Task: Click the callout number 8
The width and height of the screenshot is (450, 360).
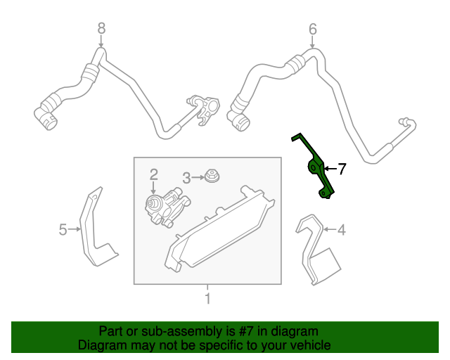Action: [101, 28]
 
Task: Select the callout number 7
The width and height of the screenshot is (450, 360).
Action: [342, 168]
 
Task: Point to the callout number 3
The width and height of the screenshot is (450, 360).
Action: [186, 178]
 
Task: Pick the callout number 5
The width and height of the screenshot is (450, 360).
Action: [62, 229]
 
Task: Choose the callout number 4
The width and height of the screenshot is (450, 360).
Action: [342, 229]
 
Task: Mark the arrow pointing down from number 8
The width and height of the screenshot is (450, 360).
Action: [101, 41]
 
